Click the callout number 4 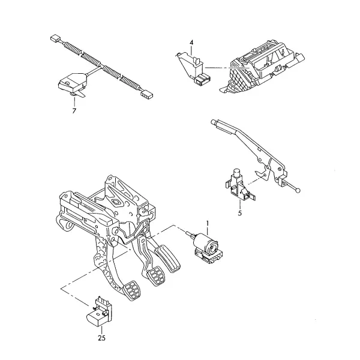pyautogui.click(x=191, y=43)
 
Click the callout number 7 pyautogui.click(x=74, y=111)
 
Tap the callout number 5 pyautogui.click(x=240, y=213)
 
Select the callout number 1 pyautogui.click(x=208, y=223)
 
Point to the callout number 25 pyautogui.click(x=102, y=338)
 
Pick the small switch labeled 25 pyautogui.click(x=100, y=311)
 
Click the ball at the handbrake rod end pyautogui.click(x=298, y=191)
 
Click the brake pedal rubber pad pyautogui.click(x=156, y=275)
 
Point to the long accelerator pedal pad pyautogui.click(x=167, y=259)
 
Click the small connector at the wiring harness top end pyautogui.click(x=55, y=38)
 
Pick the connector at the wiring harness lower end pyautogui.click(x=146, y=94)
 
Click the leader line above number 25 pyautogui.click(x=101, y=330)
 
